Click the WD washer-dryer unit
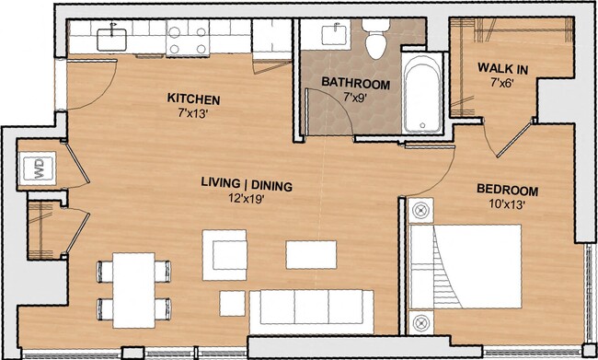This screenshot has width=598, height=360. tap(39, 168)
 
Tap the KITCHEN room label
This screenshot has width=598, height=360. tap(194, 98)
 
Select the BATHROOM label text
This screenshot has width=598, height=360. tap(354, 84)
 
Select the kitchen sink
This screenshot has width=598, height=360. tap(111, 36)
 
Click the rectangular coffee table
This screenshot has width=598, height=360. tap(305, 253)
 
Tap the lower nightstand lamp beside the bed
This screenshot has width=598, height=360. tap(420, 323)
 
